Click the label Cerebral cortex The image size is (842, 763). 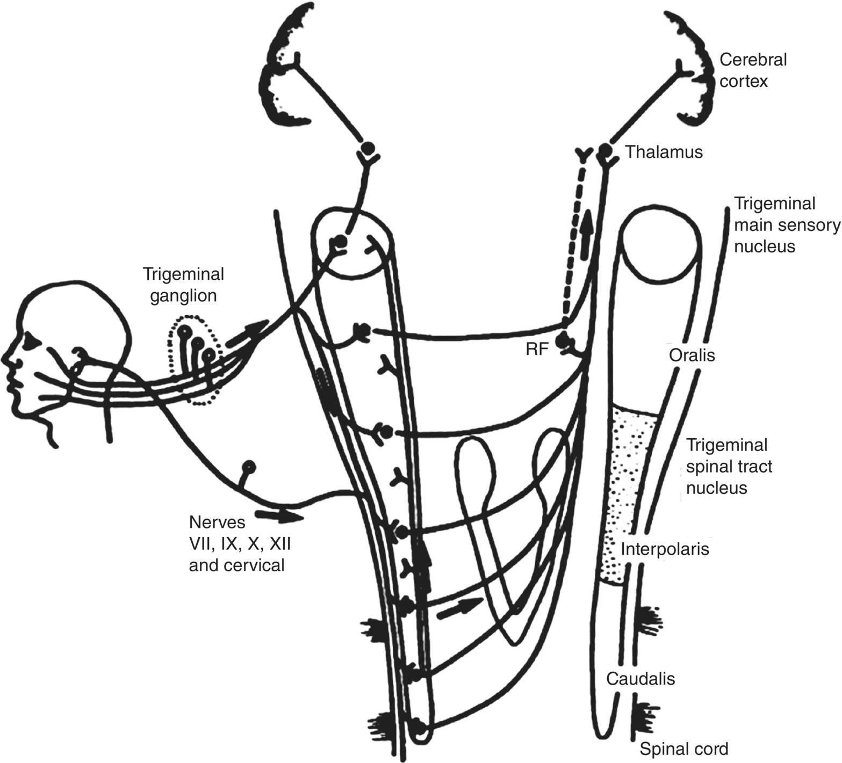point(753,70)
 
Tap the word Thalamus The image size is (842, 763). point(664,152)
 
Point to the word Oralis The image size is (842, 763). point(692,355)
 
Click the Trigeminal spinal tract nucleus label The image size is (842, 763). point(729,466)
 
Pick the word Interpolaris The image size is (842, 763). point(665,549)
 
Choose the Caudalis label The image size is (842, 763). point(641,678)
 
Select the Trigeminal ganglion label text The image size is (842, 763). point(183,285)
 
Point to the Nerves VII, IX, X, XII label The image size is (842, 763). point(240,543)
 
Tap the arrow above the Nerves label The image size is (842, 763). point(280,515)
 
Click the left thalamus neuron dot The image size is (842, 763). point(368,147)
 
